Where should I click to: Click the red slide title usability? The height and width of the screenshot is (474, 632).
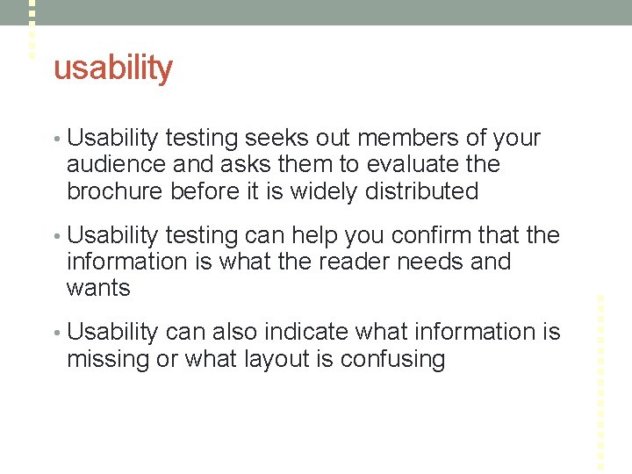113,68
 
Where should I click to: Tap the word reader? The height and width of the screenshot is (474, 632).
362,262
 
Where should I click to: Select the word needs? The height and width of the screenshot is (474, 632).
434,262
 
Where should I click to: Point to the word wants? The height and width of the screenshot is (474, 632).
98,288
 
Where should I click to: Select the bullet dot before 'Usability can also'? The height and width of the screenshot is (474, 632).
57,333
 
